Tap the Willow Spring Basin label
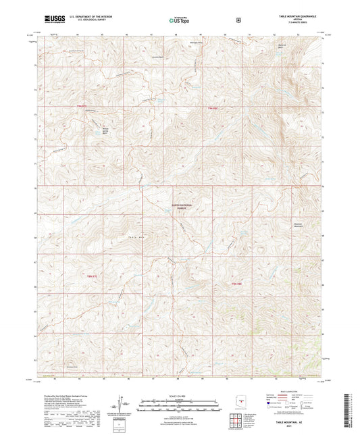[104, 132]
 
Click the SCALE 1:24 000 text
[179, 396]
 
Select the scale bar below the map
[179, 407]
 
